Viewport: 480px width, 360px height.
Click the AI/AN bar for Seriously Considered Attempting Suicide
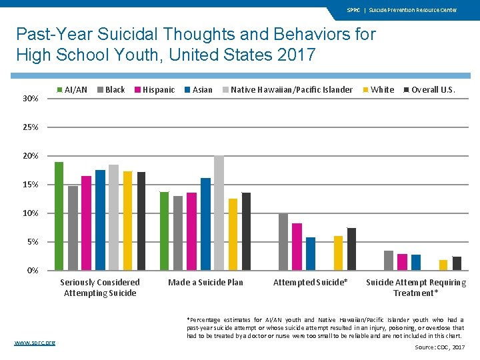[59, 216]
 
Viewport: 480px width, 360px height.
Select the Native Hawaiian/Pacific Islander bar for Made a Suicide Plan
[219, 213]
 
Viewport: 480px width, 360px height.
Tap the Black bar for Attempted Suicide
[283, 242]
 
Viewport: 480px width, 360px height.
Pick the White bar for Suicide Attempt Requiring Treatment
[443, 265]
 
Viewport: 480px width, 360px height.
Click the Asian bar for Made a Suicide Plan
[205, 224]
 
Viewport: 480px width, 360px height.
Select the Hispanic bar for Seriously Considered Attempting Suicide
[86, 223]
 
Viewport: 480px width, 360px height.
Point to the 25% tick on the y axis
[30, 127]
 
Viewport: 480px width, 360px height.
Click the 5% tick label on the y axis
[32, 242]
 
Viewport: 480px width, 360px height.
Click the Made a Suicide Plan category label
[205, 283]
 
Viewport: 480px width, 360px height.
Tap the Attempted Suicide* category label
[311, 283]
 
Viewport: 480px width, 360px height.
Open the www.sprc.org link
[35, 343]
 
